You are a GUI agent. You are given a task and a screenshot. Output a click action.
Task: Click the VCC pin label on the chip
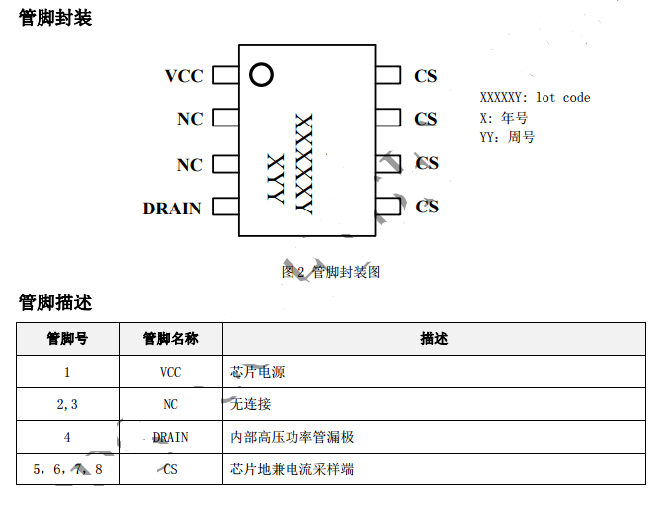(x=184, y=76)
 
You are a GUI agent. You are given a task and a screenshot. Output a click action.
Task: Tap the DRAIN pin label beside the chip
(x=172, y=208)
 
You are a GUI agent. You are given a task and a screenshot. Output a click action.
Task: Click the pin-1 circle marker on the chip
(x=261, y=74)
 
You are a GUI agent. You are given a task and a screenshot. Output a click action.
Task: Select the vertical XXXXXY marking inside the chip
(x=304, y=164)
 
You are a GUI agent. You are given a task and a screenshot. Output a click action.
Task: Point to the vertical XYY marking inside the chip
(x=276, y=179)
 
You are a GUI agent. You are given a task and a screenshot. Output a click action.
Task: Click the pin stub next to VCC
(x=225, y=75)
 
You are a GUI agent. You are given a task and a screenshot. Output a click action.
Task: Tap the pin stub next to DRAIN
(x=225, y=207)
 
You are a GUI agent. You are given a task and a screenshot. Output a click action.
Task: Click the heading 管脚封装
(x=55, y=17)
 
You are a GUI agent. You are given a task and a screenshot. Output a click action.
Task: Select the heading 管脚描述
(x=55, y=301)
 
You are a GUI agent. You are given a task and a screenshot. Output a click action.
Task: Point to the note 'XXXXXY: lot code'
(x=535, y=97)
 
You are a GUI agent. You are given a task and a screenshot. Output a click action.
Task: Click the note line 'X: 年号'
(x=504, y=118)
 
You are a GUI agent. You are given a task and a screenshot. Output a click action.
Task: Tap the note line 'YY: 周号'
(x=507, y=137)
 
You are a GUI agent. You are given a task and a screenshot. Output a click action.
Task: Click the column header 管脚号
(x=67, y=338)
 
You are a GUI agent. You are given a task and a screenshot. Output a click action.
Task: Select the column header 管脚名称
(x=170, y=338)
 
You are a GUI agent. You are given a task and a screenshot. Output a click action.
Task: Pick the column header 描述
(x=434, y=338)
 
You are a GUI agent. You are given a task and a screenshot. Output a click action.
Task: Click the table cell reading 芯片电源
(x=257, y=372)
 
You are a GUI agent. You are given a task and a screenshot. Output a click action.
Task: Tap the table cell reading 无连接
(x=250, y=403)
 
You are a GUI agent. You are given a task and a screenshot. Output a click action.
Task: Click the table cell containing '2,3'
(x=67, y=403)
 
